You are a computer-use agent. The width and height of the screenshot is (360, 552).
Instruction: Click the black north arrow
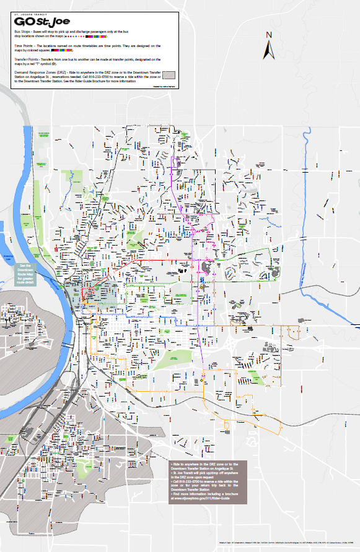pyautogui.click(x=270, y=48)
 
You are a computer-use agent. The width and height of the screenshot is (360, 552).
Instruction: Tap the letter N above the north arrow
pyautogui.click(x=270, y=35)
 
